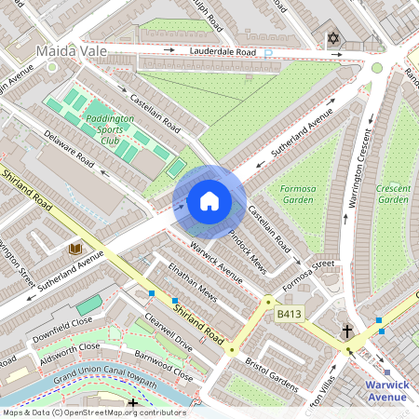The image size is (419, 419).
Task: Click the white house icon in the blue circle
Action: (x=209, y=201)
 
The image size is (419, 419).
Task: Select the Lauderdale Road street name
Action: (x=222, y=53)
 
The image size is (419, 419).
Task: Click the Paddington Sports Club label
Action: (x=110, y=126)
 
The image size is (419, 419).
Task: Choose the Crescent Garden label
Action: (x=392, y=194)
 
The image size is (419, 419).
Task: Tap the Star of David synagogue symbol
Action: (x=333, y=39)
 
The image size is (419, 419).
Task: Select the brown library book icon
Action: (x=74, y=249)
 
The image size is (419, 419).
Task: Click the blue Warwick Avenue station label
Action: (x=386, y=390)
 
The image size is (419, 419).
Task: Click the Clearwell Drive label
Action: (x=168, y=331)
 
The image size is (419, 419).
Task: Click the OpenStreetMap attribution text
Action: (x=93, y=412)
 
